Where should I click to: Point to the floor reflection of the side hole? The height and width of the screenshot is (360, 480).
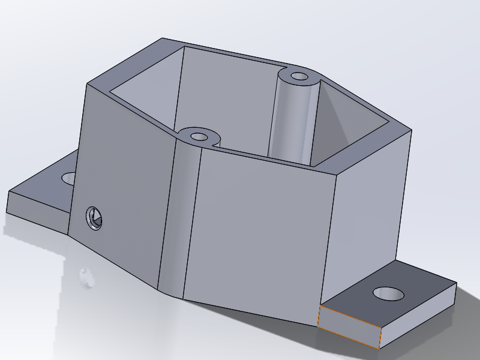[x=87, y=277]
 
